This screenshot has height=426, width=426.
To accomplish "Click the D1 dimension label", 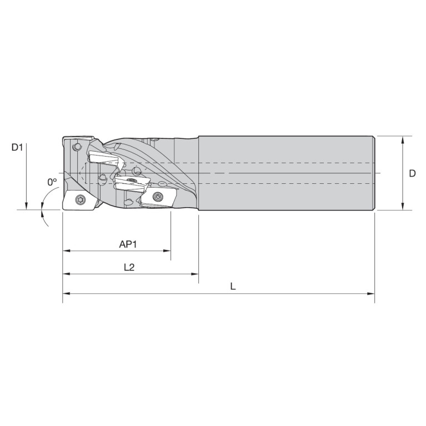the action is [17, 148].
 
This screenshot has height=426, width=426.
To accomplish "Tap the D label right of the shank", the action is [412, 173].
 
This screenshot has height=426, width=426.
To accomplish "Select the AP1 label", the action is [128, 244].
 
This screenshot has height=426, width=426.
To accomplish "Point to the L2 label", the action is [129, 267].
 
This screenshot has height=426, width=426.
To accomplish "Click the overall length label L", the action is [233, 287].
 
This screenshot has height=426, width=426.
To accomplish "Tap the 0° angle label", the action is [52, 182].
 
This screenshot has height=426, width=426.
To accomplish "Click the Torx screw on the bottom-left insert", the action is [79, 199].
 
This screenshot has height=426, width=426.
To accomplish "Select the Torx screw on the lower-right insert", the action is [157, 196].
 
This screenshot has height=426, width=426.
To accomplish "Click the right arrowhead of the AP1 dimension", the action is [167, 250].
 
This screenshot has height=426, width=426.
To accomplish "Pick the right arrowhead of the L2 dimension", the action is [195, 274].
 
